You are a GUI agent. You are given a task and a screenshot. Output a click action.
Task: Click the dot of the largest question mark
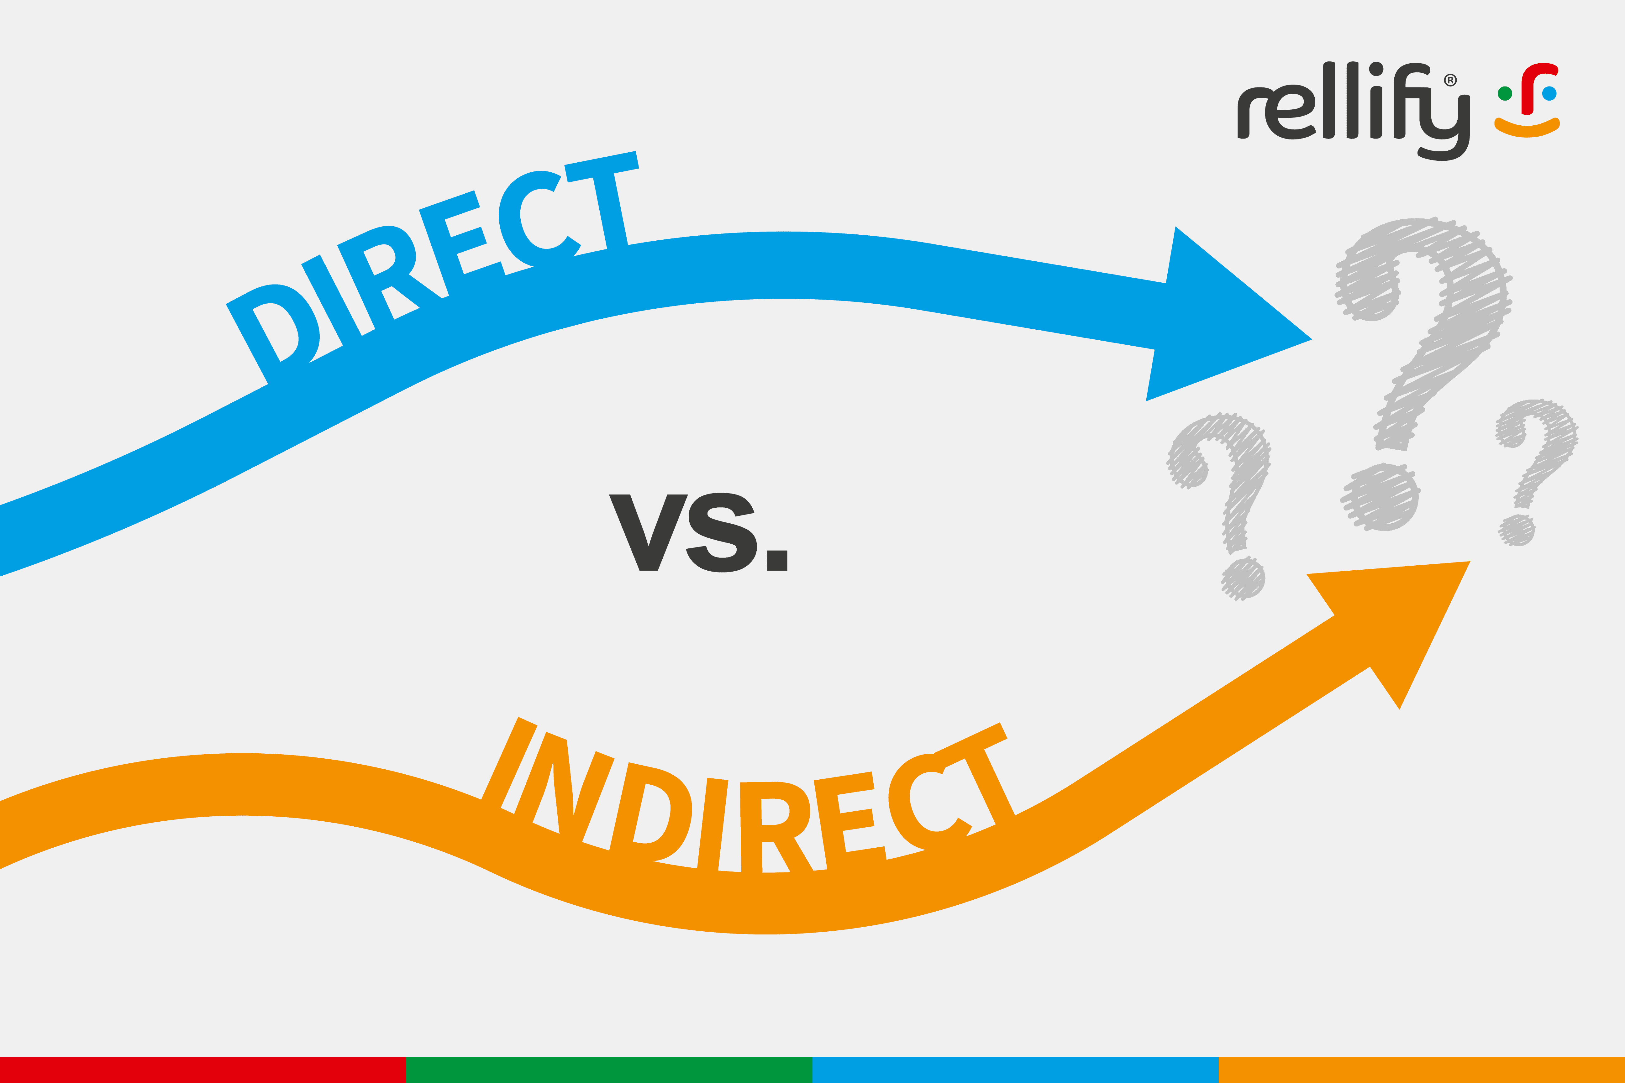pyautogui.click(x=1382, y=497)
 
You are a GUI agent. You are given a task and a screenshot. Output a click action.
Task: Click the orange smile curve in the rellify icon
pyautogui.click(x=1527, y=128)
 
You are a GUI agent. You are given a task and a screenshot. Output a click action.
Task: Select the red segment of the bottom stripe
pyautogui.click(x=203, y=1069)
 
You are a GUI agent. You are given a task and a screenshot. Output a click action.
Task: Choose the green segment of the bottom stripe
pyautogui.click(x=609, y=1069)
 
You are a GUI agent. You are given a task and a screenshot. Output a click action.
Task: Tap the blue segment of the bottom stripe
pyautogui.click(x=1016, y=1069)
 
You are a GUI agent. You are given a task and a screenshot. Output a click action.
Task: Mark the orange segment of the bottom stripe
pyautogui.click(x=1422, y=1069)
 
